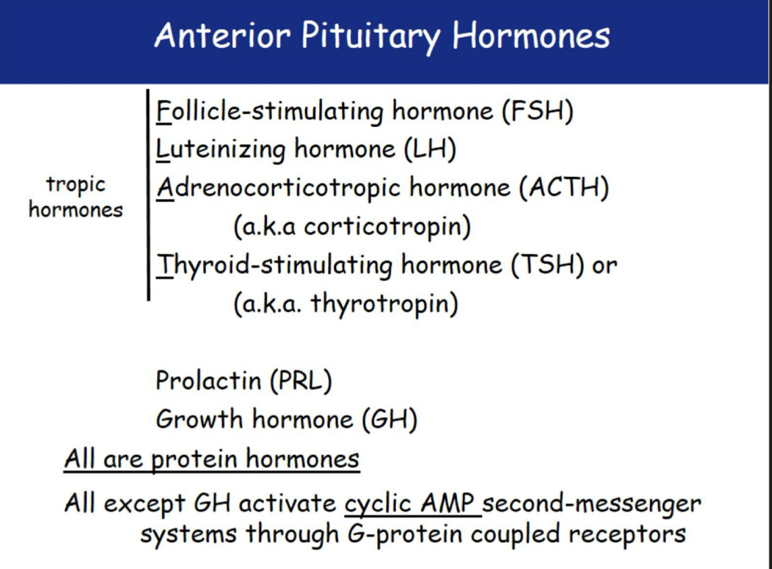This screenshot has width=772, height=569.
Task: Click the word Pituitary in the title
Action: point(370,36)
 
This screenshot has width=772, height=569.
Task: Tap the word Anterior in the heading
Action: point(222,35)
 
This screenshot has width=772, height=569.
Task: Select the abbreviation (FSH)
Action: point(538,111)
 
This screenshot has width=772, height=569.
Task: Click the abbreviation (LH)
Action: point(430,148)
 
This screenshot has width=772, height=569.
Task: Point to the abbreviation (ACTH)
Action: point(563,188)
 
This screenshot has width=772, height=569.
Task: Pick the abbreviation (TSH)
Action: point(547,265)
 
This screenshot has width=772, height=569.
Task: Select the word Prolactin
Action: point(209,380)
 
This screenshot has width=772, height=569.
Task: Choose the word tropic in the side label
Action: point(76,185)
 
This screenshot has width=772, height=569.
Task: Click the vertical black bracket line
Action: point(148,194)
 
